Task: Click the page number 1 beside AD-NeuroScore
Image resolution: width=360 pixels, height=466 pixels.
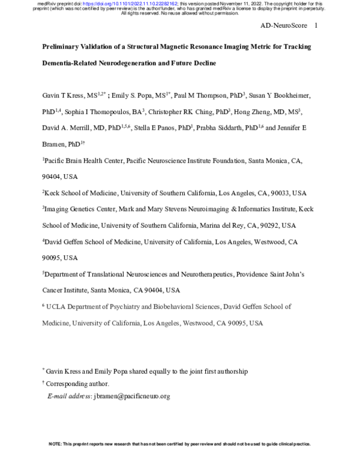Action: [316, 26]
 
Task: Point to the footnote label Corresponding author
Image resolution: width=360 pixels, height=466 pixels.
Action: [77, 384]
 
